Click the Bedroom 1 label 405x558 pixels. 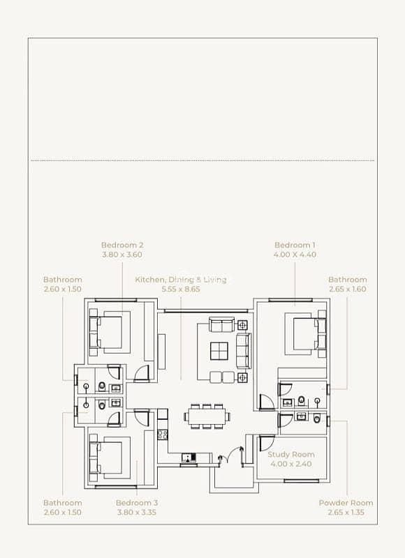[x=295, y=246]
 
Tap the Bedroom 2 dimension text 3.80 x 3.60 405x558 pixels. [x=122, y=255]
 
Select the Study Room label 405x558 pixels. [x=291, y=455]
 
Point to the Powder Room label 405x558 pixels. [x=346, y=503]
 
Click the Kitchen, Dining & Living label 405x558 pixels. [x=181, y=280]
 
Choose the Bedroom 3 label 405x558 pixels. [x=137, y=503]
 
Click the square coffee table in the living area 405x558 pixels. [x=219, y=352]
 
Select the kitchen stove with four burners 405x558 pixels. [x=163, y=435]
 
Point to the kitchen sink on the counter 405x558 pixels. [x=189, y=458]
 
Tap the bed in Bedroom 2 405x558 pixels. [x=110, y=333]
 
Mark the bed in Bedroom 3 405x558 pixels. [x=110, y=458]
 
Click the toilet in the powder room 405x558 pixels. [x=317, y=418]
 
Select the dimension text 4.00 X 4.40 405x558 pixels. [x=295, y=255]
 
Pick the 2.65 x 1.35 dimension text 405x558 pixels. [x=346, y=513]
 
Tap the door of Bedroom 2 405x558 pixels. [x=142, y=374]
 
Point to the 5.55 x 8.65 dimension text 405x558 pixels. [x=181, y=289]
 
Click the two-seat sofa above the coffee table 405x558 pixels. [x=221, y=324]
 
